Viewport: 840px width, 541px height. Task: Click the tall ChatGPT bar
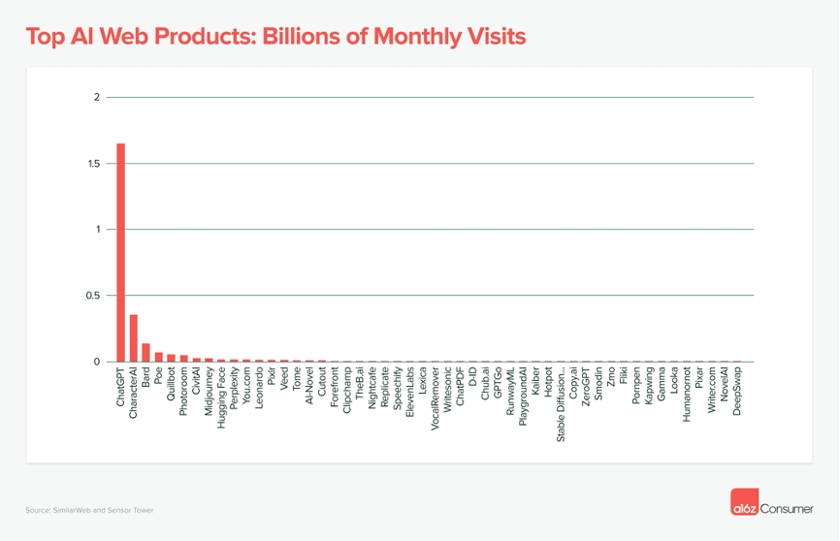pyautogui.click(x=121, y=252)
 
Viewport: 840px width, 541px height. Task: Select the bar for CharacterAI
pyautogui.click(x=134, y=338)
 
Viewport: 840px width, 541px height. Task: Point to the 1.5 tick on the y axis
pyautogui.click(x=93, y=164)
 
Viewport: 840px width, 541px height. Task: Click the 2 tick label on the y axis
pyautogui.click(x=97, y=97)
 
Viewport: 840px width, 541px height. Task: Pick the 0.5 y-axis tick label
pyautogui.click(x=93, y=296)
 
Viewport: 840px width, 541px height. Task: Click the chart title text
pyautogui.click(x=275, y=37)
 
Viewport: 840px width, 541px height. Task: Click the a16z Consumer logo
pyautogui.click(x=771, y=506)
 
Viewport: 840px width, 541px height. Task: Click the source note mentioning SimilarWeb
pyautogui.click(x=89, y=510)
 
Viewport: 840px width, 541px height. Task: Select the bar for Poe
pyautogui.click(x=159, y=357)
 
